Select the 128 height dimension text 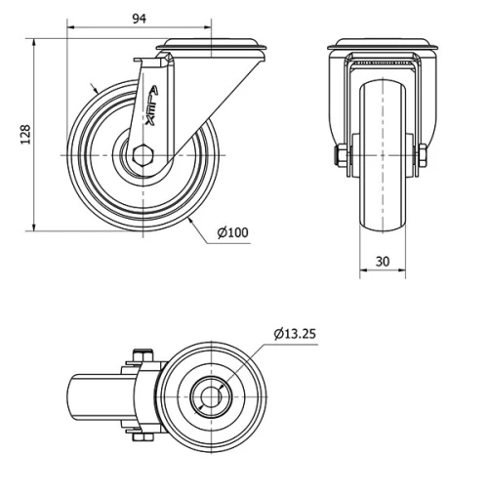26,135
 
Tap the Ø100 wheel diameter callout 232,232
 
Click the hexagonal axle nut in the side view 143,155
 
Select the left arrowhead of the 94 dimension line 73,28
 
